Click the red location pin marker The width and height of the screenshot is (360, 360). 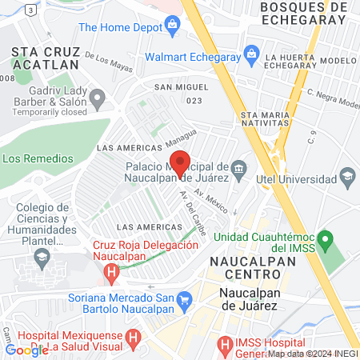tap(181, 162)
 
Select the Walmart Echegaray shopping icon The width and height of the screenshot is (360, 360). tap(251, 57)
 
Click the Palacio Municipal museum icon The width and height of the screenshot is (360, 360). tap(239, 169)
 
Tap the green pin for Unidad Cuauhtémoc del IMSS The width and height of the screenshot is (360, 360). tap(324, 238)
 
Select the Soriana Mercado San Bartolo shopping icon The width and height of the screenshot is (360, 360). tap(185, 301)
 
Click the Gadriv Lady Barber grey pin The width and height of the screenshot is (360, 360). tap(98, 100)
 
